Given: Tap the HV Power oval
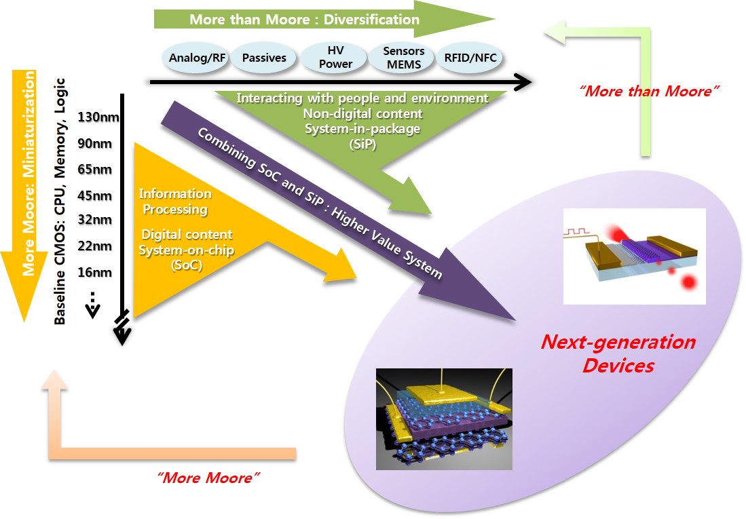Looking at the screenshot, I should pyautogui.click(x=335, y=58).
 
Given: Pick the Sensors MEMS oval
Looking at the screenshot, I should pyautogui.click(x=403, y=58).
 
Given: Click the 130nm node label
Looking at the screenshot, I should pyautogui.click(x=99, y=117).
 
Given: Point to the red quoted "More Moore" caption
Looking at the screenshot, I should pyautogui.click(x=208, y=478).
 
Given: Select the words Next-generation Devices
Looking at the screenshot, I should pyautogui.click(x=618, y=353).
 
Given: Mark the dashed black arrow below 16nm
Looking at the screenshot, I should pyautogui.click(x=94, y=306).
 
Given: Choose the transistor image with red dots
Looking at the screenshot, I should pyautogui.click(x=634, y=256).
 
